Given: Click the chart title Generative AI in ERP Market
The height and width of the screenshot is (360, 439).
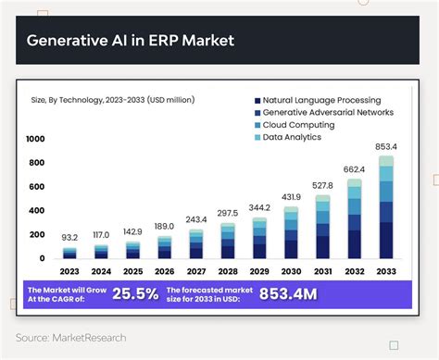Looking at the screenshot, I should (130, 41).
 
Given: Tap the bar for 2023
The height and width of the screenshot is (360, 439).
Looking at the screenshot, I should (69, 253).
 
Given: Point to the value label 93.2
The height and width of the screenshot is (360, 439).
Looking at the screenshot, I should (69, 237).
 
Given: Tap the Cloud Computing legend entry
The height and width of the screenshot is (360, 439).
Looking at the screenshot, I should (299, 125).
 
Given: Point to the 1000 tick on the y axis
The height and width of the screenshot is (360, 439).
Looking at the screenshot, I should (35, 139).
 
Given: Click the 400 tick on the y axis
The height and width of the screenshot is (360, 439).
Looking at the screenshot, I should (36, 211).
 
